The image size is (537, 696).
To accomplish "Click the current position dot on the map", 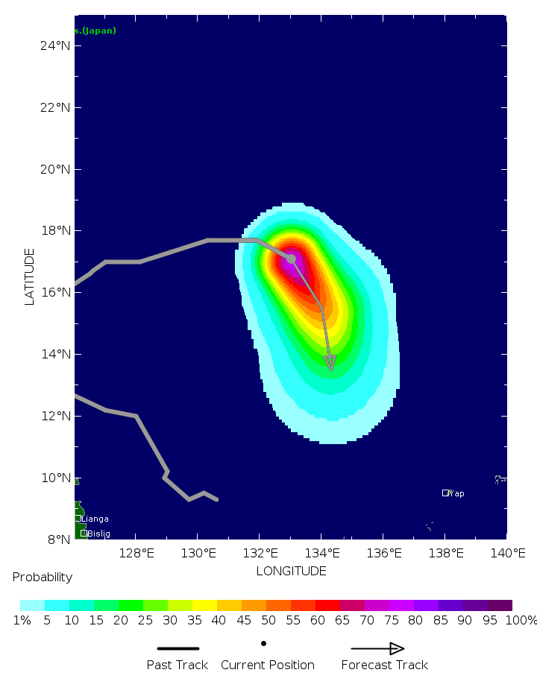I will pos(291,259).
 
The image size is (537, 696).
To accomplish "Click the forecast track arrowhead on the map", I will pos(330,362).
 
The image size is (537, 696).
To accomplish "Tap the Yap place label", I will pos(456,493).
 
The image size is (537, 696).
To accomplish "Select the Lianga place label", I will pos(95,519).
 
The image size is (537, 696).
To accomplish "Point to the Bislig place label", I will pos(99,534).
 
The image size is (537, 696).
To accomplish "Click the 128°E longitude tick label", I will pos(136,553).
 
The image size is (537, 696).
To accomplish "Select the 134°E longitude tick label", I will pos(321,553).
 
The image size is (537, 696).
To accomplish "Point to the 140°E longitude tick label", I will pos(507,553).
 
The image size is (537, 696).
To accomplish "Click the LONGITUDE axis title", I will pos(291,572).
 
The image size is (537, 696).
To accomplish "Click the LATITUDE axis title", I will pos(30,276).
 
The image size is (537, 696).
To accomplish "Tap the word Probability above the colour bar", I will pos(43,578).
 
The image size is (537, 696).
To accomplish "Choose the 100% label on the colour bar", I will pos(521,621).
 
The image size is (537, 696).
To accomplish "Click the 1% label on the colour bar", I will pos(22,621).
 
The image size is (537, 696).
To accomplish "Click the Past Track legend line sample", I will pos(178,648).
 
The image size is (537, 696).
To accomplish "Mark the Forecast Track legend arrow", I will pos(377,648).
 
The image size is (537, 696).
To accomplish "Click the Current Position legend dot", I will pos(263,643).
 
